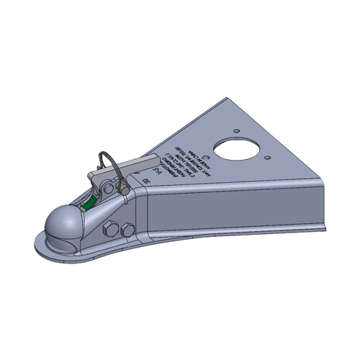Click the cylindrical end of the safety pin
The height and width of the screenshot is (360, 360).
(124, 188)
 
